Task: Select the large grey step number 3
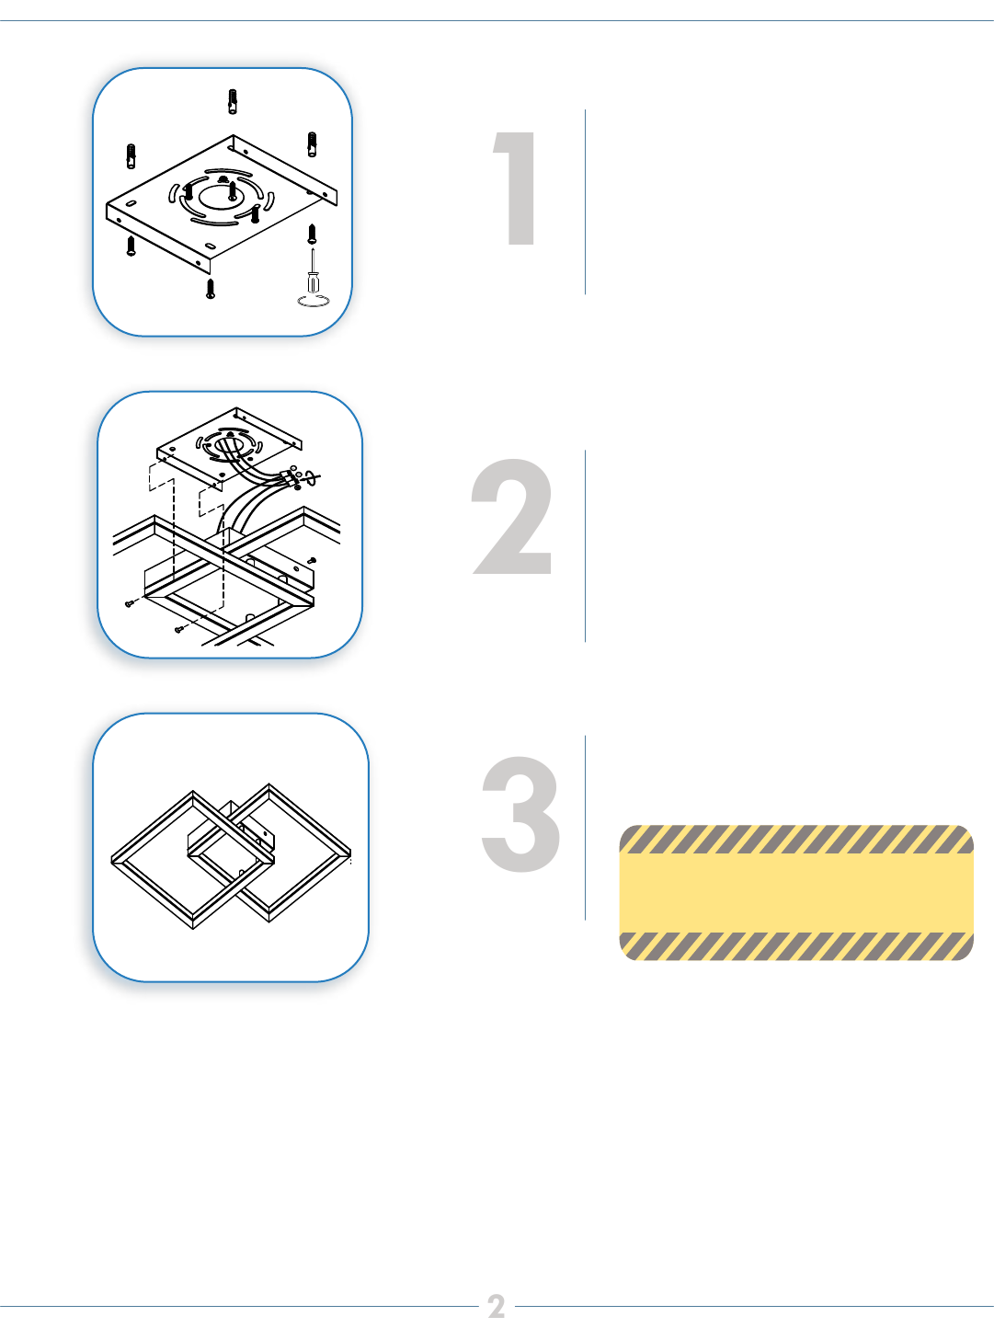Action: pyautogui.click(x=520, y=814)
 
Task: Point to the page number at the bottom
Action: pyautogui.click(x=497, y=1306)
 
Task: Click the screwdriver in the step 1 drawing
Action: pyautogui.click(x=313, y=269)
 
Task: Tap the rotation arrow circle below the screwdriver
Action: pyautogui.click(x=314, y=301)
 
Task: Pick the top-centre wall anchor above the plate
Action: pyautogui.click(x=232, y=101)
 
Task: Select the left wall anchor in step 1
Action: pyautogui.click(x=131, y=156)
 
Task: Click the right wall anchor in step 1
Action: pyautogui.click(x=312, y=144)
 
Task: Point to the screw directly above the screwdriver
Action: pyautogui.click(x=312, y=234)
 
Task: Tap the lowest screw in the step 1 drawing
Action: pyautogui.click(x=211, y=288)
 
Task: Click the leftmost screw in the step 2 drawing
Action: pyautogui.click(x=129, y=603)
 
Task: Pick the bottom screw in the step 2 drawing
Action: pyautogui.click(x=179, y=630)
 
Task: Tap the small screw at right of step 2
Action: pyautogui.click(x=312, y=560)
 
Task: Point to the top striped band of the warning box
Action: pyautogui.click(x=796, y=839)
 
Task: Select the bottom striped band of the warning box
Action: pyautogui.click(x=796, y=946)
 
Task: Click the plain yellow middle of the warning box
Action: pyautogui.click(x=796, y=893)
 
